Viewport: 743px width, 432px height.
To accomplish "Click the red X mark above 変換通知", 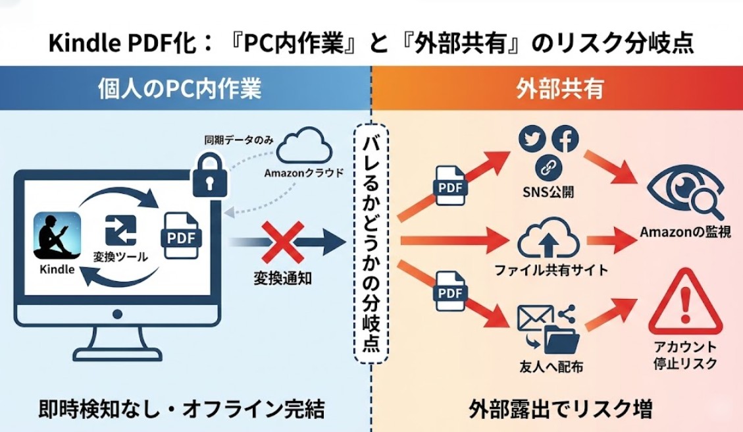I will [x=279, y=242].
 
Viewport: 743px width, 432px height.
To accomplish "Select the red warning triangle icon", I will [x=685, y=304].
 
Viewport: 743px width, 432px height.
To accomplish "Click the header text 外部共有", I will [x=559, y=89].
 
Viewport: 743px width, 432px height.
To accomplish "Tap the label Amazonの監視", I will [x=685, y=232].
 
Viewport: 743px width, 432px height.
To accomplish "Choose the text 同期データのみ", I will [x=240, y=140].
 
